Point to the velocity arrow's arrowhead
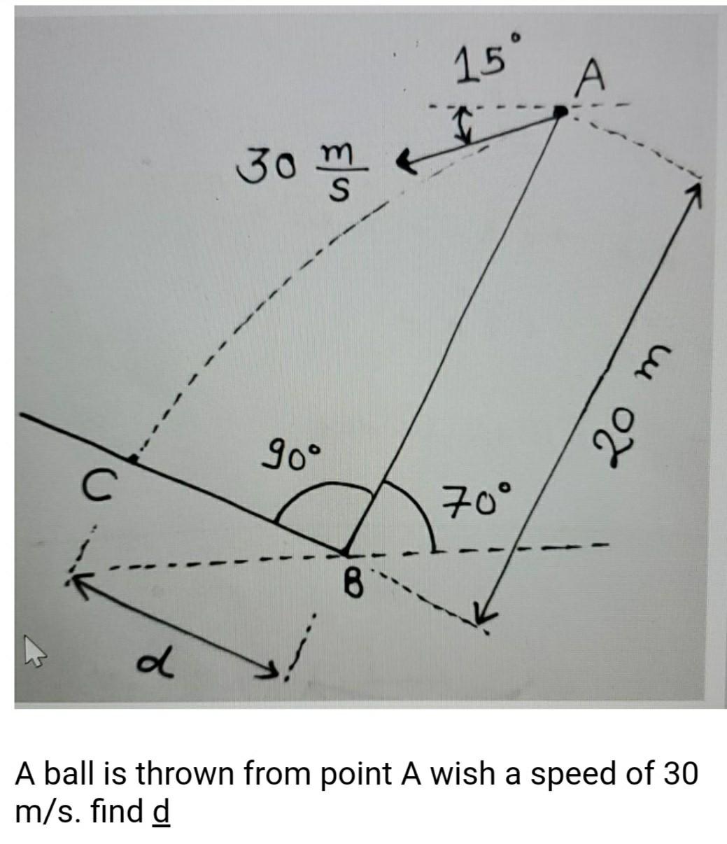404,164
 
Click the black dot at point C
133,458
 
